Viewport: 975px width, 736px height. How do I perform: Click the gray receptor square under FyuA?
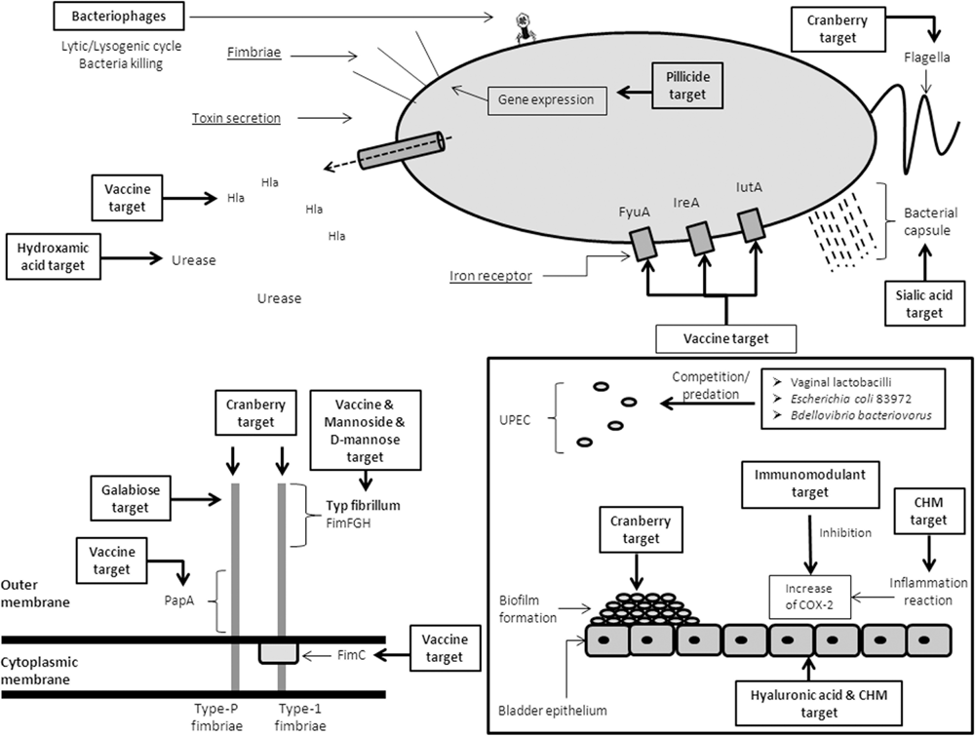[x=644, y=242]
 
